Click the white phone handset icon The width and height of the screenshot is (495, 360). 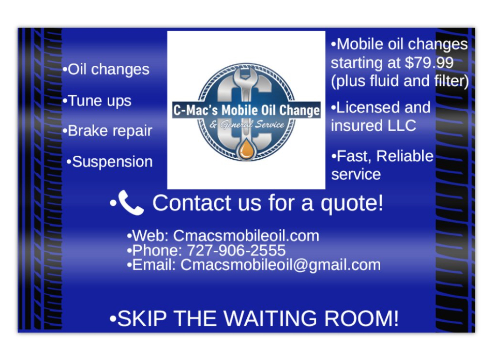[131, 203]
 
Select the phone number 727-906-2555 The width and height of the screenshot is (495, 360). [237, 250]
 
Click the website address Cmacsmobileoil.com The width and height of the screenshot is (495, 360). [246, 236]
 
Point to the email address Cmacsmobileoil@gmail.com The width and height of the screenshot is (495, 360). [281, 265]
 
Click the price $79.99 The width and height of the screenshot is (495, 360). [429, 63]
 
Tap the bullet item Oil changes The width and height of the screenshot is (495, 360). [106, 69]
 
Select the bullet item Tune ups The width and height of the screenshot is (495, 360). [97, 101]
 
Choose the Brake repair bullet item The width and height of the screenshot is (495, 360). [107, 131]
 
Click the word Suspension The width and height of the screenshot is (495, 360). [112, 162]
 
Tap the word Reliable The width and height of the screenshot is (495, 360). [404, 156]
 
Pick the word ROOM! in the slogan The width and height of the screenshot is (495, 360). [362, 318]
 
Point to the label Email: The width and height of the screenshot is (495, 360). [154, 265]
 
